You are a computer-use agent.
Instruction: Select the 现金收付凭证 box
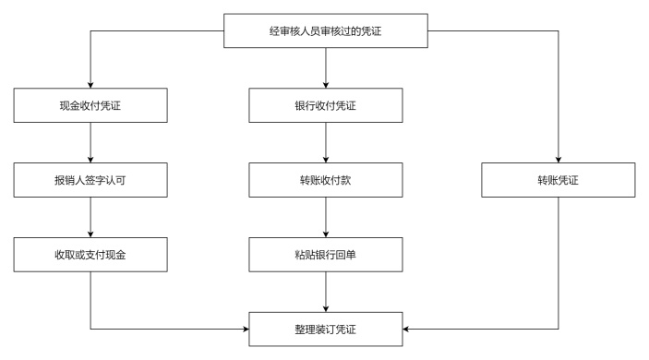click(90, 105)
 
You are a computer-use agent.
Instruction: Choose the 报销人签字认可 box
click(90, 179)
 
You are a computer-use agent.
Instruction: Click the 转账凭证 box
click(559, 179)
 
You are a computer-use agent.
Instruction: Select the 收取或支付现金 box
click(90, 253)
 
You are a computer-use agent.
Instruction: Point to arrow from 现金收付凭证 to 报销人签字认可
click(90, 142)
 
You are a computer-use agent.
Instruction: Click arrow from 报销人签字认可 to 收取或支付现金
click(90, 216)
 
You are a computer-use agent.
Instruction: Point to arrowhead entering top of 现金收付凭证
click(90, 83)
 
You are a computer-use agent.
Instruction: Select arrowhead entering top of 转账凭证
click(559, 157)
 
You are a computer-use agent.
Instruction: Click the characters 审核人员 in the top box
click(309, 32)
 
